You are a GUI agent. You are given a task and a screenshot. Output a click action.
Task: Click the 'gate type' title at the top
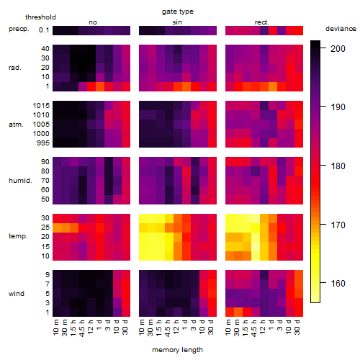pyautogui.click(x=178, y=12)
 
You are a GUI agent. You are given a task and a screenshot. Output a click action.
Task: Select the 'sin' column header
pyautogui.click(x=177, y=22)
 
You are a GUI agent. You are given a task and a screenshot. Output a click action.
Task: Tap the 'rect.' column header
pyautogui.click(x=262, y=22)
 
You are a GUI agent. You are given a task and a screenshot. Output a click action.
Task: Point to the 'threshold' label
pyautogui.click(x=40, y=17)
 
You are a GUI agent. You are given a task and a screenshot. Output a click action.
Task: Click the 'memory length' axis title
pyautogui.click(x=178, y=350)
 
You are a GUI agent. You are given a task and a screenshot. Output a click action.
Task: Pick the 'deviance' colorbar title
pyautogui.click(x=341, y=29)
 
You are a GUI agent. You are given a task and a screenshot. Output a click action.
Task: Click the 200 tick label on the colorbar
pyautogui.click(x=338, y=48)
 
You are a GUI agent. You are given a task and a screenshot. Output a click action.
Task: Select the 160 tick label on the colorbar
pyautogui.click(x=338, y=284)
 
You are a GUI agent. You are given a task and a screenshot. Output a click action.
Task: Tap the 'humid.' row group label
pyautogui.click(x=20, y=181)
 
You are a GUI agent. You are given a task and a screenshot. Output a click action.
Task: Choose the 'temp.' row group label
pyautogui.click(x=18, y=236)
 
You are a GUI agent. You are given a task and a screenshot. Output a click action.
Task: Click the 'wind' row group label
pyautogui.click(x=17, y=294)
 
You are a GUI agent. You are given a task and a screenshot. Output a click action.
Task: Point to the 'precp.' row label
pyautogui.click(x=19, y=29)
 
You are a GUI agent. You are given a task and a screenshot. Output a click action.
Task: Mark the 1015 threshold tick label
pyautogui.click(x=41, y=106)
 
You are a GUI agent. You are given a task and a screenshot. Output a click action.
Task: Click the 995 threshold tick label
pyautogui.click(x=43, y=143)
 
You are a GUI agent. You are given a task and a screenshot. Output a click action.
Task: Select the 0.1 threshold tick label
pyautogui.click(x=44, y=30)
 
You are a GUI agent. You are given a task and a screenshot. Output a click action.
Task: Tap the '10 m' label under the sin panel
pyautogui.click(x=142, y=327)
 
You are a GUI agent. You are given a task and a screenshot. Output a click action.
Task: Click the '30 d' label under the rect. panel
pyautogui.click(x=297, y=327)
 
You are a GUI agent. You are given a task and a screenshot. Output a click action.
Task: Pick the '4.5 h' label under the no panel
pyautogui.click(x=82, y=328)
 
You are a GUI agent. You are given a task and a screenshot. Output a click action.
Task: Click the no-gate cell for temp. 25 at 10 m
pyautogui.click(x=57, y=227)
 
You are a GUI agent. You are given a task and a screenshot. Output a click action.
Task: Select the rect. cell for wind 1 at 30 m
pyautogui.click(x=238, y=312)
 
